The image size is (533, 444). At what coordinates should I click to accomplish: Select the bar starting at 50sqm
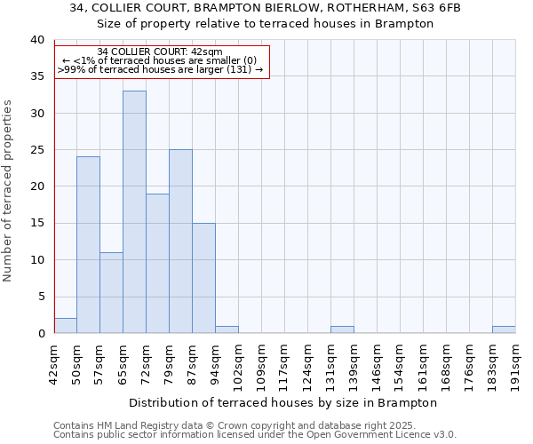click(88, 244)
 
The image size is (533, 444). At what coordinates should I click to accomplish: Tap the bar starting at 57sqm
click(111, 292)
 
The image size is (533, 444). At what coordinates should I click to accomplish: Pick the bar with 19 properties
click(157, 263)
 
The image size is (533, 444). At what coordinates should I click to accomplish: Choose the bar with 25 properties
click(180, 241)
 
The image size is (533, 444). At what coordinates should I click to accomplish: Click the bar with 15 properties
click(203, 278)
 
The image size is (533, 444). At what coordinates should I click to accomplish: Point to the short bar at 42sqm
click(65, 326)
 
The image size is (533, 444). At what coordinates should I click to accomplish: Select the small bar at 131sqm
click(342, 329)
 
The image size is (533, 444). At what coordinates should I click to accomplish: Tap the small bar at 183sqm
click(504, 329)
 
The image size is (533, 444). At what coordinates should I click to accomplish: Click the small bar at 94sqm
click(227, 329)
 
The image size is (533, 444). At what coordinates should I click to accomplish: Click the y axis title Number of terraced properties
click(9, 191)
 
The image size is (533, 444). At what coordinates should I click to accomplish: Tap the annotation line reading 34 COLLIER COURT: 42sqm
click(160, 52)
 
